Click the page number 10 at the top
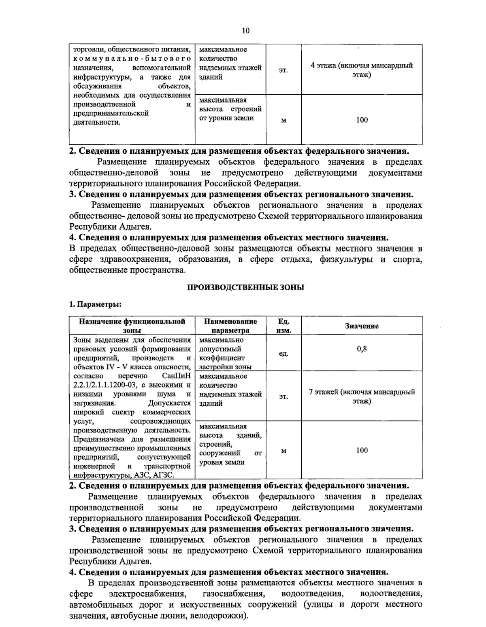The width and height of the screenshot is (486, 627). coord(245,30)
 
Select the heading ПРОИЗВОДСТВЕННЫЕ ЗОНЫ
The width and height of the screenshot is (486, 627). coord(245,288)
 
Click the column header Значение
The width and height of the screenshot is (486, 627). coord(362,326)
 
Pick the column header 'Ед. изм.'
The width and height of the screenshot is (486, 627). coord(283,326)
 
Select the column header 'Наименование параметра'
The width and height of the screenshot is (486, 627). coord(230,326)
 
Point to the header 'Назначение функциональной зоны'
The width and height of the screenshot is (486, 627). coord(132,326)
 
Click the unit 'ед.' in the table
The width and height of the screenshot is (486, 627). coord(283,354)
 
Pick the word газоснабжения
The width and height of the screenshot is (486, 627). coord(233,594)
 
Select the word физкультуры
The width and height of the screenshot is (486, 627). coord(346,259)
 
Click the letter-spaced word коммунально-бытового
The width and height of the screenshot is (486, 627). coord(132,59)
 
